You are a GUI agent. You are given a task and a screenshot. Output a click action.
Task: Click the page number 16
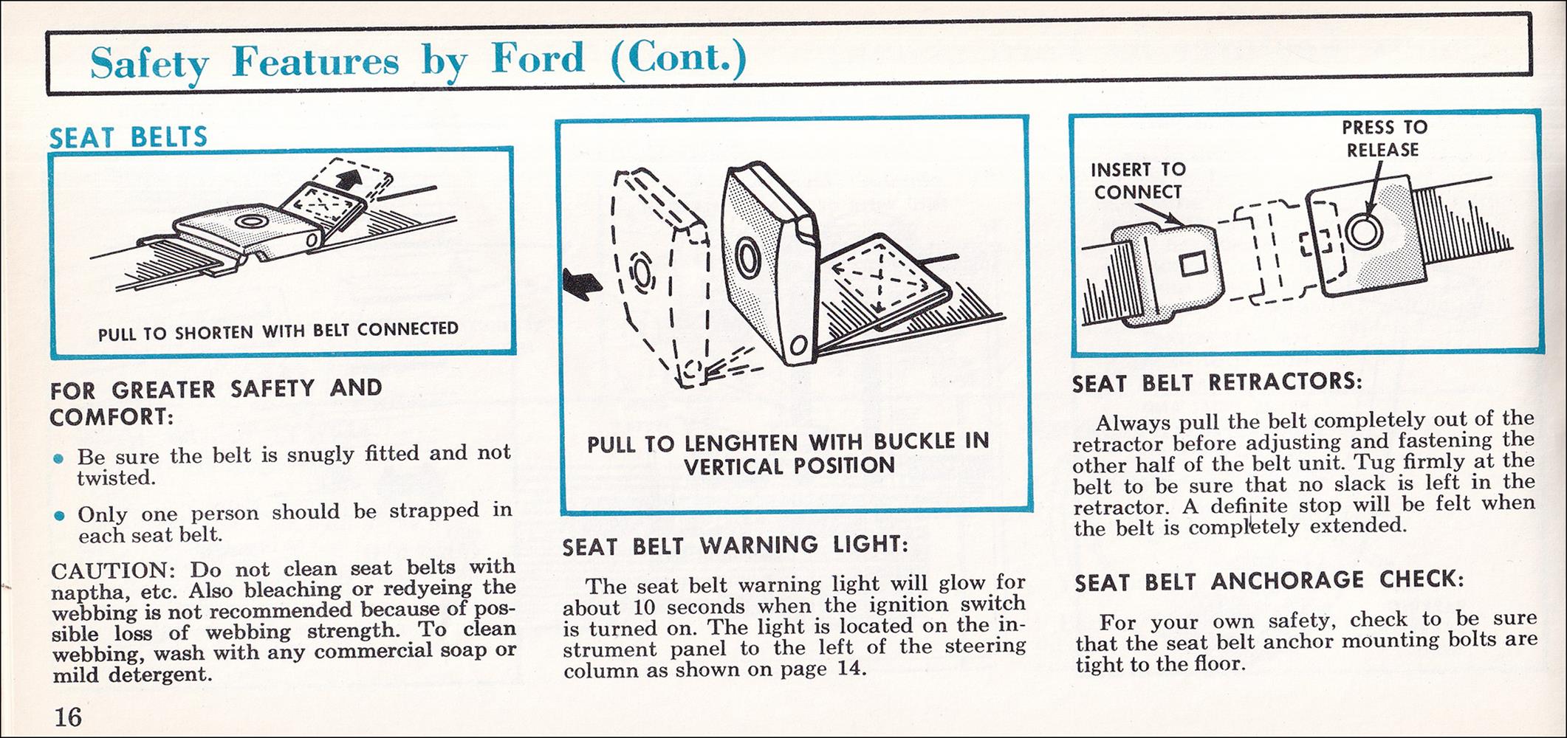[67, 716]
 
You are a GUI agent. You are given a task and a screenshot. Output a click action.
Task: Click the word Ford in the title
[538, 58]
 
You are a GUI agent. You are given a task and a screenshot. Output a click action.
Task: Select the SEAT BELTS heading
[128, 137]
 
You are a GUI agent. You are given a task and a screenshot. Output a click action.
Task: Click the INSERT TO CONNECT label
[1138, 181]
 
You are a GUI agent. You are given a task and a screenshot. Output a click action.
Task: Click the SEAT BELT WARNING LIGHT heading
[735, 545]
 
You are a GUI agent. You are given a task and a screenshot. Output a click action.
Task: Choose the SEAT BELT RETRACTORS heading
[1217, 383]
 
